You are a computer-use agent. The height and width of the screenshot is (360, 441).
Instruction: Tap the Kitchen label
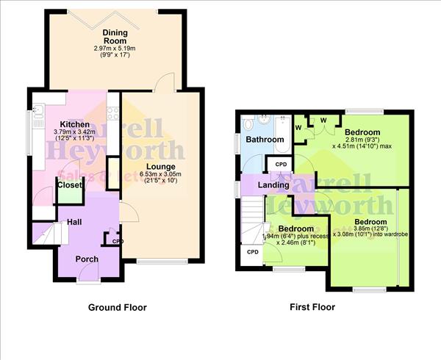coord(74,125)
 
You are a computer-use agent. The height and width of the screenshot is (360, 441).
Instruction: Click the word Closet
coord(70,186)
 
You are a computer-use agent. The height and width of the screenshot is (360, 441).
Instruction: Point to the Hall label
coord(74,221)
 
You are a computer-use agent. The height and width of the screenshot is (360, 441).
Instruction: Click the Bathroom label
coord(265,139)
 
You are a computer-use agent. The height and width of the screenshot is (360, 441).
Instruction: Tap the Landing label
coord(273,184)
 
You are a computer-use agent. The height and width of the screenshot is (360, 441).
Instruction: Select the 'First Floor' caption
coord(312,307)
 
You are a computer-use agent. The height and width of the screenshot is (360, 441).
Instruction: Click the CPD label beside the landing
coord(281,165)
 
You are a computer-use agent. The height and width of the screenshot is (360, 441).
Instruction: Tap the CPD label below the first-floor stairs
coord(253,252)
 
